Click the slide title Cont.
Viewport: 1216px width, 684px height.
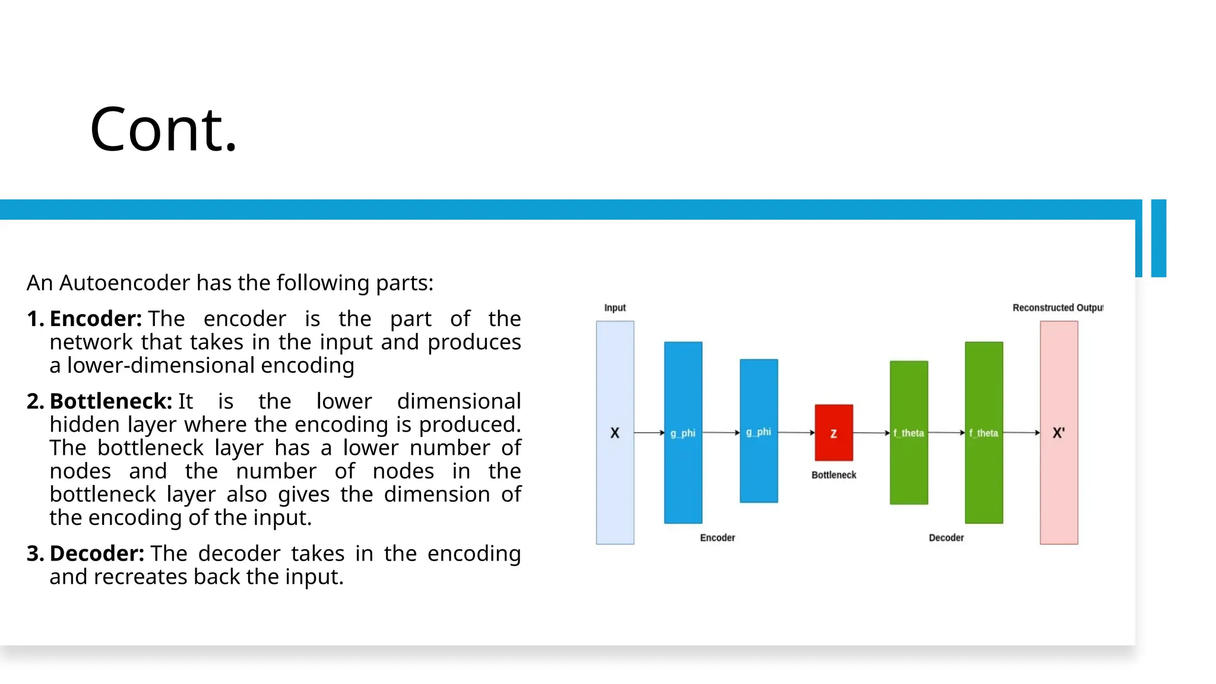[x=163, y=129]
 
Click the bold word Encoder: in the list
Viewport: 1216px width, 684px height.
[x=96, y=319]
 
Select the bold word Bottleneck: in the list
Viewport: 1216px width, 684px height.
[x=111, y=401]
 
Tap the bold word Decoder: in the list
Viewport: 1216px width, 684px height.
[x=97, y=553]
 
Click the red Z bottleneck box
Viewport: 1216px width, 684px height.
[x=834, y=433]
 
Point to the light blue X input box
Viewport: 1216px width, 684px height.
[x=615, y=433]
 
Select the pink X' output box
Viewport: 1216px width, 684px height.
[x=1059, y=433]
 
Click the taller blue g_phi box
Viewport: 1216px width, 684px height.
[x=683, y=433]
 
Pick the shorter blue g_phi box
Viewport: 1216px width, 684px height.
[x=758, y=432]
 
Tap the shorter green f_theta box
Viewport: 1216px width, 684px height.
[x=908, y=433]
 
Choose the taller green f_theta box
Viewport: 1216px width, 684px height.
[x=984, y=433]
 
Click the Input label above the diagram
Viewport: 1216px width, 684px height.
[x=615, y=308]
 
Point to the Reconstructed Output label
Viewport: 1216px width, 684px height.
[x=1057, y=308]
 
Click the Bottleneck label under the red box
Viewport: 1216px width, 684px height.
[x=834, y=475]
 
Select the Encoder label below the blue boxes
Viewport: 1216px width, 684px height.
[x=717, y=538]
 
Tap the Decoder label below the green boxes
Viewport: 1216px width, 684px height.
[x=946, y=538]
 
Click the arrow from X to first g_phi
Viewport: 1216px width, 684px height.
[x=649, y=433]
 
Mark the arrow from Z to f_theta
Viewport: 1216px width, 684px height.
[x=872, y=433]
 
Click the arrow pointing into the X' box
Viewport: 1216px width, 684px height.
[x=1022, y=433]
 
